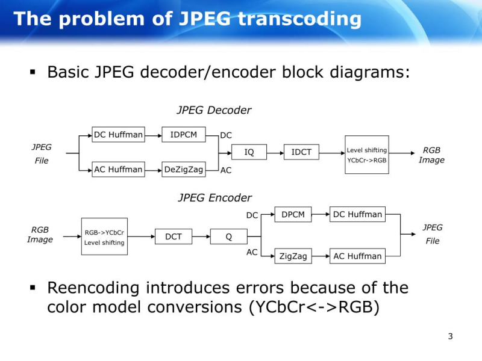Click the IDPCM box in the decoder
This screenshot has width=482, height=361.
[x=184, y=134]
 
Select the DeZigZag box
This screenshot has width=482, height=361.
[x=184, y=170]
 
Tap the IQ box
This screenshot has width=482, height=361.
[x=249, y=152]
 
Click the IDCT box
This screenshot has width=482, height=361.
[x=301, y=152]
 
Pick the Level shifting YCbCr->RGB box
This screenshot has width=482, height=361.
[x=366, y=155]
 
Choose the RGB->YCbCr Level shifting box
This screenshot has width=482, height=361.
[x=104, y=237]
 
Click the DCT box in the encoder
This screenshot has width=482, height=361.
[x=174, y=236]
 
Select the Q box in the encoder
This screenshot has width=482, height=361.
[x=228, y=236]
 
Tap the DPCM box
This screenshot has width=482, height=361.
[x=293, y=214]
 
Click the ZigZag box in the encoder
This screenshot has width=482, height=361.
[x=293, y=256]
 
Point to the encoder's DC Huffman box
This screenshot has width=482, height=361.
[x=357, y=214]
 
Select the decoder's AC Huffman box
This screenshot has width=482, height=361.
[x=118, y=170]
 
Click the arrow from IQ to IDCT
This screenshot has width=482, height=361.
[x=275, y=152]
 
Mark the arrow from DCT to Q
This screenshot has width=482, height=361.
[x=201, y=236]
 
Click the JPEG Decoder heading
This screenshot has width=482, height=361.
[x=214, y=110]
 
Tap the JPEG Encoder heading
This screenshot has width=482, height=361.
[x=214, y=197]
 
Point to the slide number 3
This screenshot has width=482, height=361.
[x=450, y=336]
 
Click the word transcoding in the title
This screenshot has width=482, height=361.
[x=299, y=19]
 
